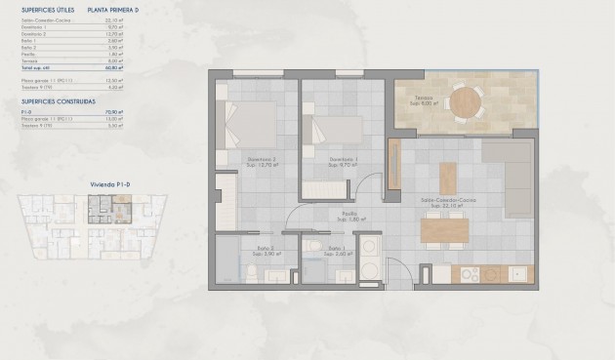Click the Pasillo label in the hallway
click(x=347, y=215)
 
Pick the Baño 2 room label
click(x=264, y=250)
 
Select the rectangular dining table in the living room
click(x=444, y=229)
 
